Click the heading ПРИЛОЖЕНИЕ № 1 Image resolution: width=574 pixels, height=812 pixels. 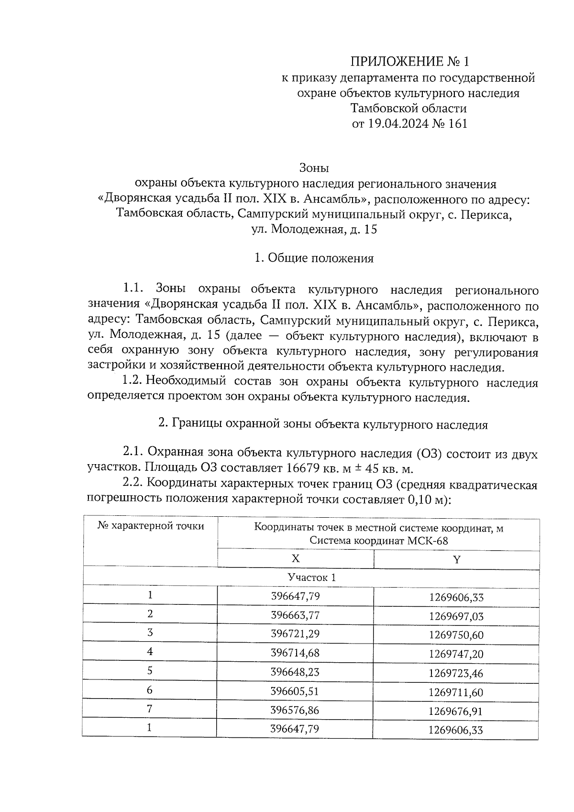coord(410,62)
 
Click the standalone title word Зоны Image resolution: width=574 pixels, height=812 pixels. coord(314,168)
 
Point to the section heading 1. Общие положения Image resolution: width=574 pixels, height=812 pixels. coord(314,259)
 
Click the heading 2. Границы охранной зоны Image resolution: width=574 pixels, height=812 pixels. coord(323,425)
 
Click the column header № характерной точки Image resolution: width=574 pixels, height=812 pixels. coord(151,526)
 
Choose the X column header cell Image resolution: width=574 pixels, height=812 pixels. coord(296,559)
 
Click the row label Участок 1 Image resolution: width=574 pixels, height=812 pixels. coord(311,578)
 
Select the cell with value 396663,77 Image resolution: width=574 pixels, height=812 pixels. coord(295,615)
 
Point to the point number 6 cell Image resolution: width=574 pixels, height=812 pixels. coord(150,690)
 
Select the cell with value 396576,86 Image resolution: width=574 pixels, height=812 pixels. coord(295,710)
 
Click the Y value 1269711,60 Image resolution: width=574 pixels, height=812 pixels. coord(456,692)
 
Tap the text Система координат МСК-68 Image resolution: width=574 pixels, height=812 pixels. coord(378,541)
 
